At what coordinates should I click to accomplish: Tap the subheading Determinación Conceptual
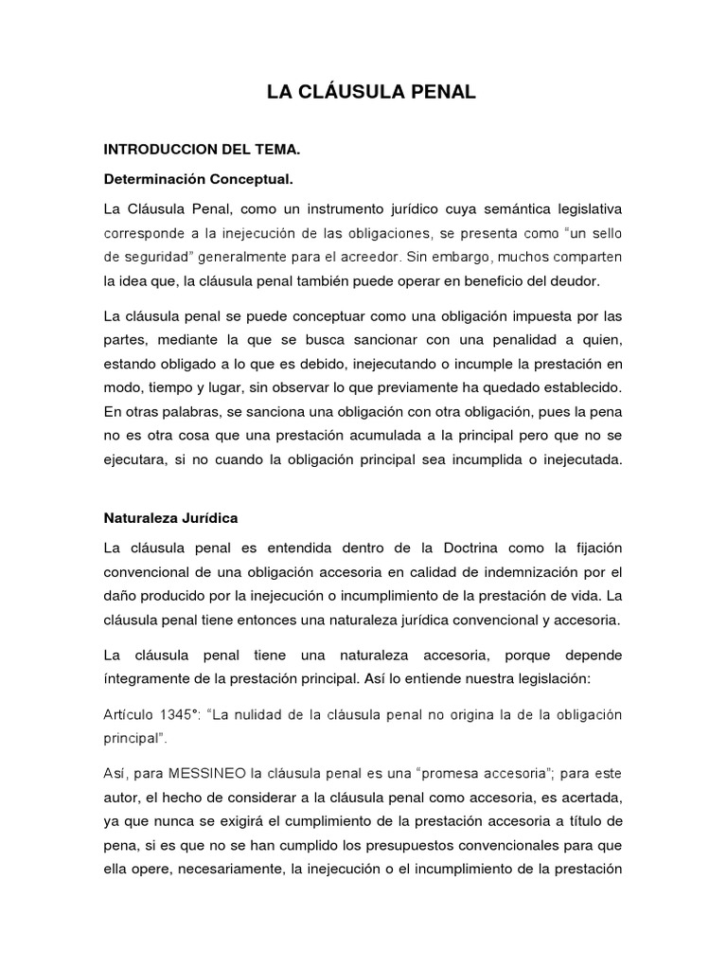198,179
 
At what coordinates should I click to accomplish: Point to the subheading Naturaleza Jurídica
169,519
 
